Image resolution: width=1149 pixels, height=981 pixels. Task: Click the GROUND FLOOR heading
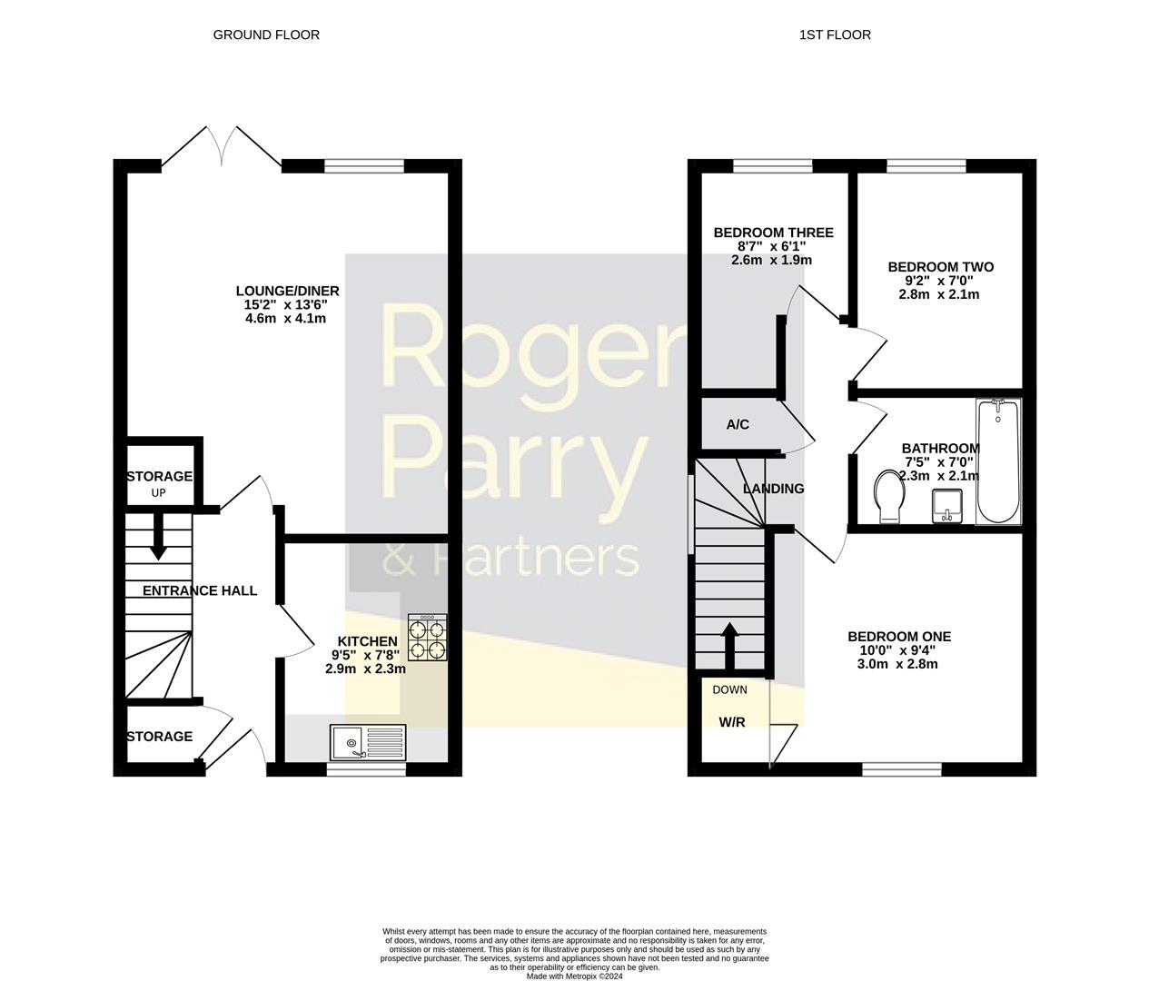[x=266, y=35]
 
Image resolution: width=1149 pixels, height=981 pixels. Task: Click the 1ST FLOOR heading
[x=835, y=35]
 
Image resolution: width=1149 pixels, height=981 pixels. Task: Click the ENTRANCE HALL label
[x=200, y=590]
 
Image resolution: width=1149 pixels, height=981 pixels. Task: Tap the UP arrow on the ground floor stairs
[x=158, y=538]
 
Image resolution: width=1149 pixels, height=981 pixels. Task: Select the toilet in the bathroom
[x=887, y=497]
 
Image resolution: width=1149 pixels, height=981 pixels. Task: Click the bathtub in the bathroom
[x=998, y=461]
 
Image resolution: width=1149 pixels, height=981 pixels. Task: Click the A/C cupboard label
[x=738, y=424]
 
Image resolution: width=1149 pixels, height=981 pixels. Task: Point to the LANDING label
[x=774, y=489]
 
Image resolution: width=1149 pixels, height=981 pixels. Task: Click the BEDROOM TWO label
[x=940, y=267]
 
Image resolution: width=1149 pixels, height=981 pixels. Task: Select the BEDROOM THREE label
[x=773, y=233]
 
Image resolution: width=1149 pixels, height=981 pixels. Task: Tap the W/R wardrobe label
[x=732, y=723]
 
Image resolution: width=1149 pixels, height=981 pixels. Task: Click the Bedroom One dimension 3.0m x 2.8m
[x=898, y=664]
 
